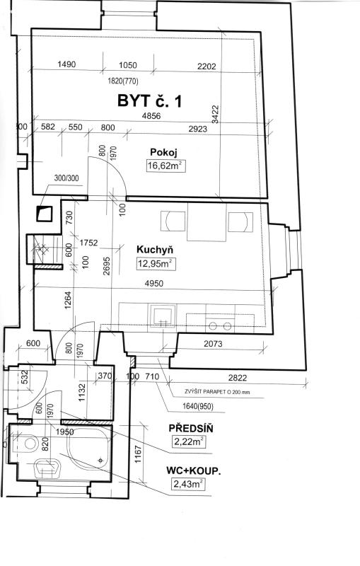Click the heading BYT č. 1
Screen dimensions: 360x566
coord(149,100)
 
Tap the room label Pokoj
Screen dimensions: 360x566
coord(163,153)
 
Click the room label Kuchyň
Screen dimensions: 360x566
coord(155,250)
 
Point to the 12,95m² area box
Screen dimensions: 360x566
coord(156,264)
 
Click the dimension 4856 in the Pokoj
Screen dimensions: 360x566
coord(151,116)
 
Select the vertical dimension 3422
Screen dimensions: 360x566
coord(215,115)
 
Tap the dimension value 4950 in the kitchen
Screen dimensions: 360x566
coord(153,284)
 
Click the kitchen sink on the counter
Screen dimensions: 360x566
coord(163,316)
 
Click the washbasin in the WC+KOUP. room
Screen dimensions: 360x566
coord(48,468)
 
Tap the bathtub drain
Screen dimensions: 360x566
coord(100,460)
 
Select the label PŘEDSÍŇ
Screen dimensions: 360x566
coord(191,429)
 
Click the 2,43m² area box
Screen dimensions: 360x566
coord(188,484)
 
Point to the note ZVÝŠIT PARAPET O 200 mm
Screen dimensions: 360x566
coord(217,392)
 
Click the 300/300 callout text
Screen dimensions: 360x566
coord(66,178)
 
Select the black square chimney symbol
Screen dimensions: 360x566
coord(45,214)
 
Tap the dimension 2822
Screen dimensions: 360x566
coord(238,378)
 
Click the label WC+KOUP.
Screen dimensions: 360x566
coord(193,470)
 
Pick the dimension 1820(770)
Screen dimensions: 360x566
coord(122,81)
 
